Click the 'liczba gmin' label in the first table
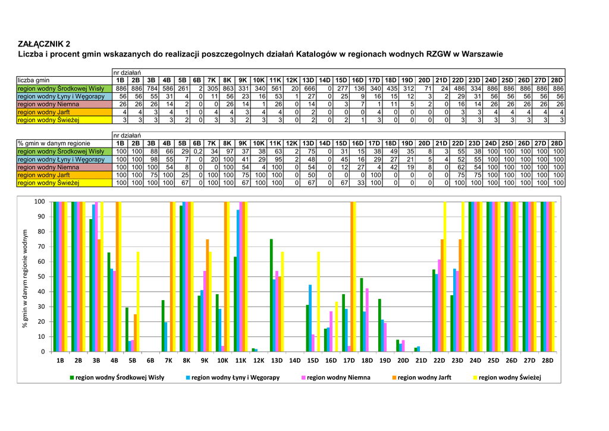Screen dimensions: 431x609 (34, 80)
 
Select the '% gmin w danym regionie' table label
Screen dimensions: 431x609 (54, 143)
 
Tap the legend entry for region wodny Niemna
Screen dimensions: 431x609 (338, 377)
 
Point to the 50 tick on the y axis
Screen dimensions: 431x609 (40, 277)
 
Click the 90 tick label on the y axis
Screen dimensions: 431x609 (40, 217)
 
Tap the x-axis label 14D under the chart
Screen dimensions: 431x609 (294, 361)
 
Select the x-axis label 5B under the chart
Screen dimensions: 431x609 (132, 361)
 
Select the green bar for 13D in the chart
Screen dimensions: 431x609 (271, 295)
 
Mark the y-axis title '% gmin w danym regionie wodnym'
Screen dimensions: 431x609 (26, 278)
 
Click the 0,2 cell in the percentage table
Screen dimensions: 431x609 (197, 152)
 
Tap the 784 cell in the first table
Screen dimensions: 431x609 (151, 88)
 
